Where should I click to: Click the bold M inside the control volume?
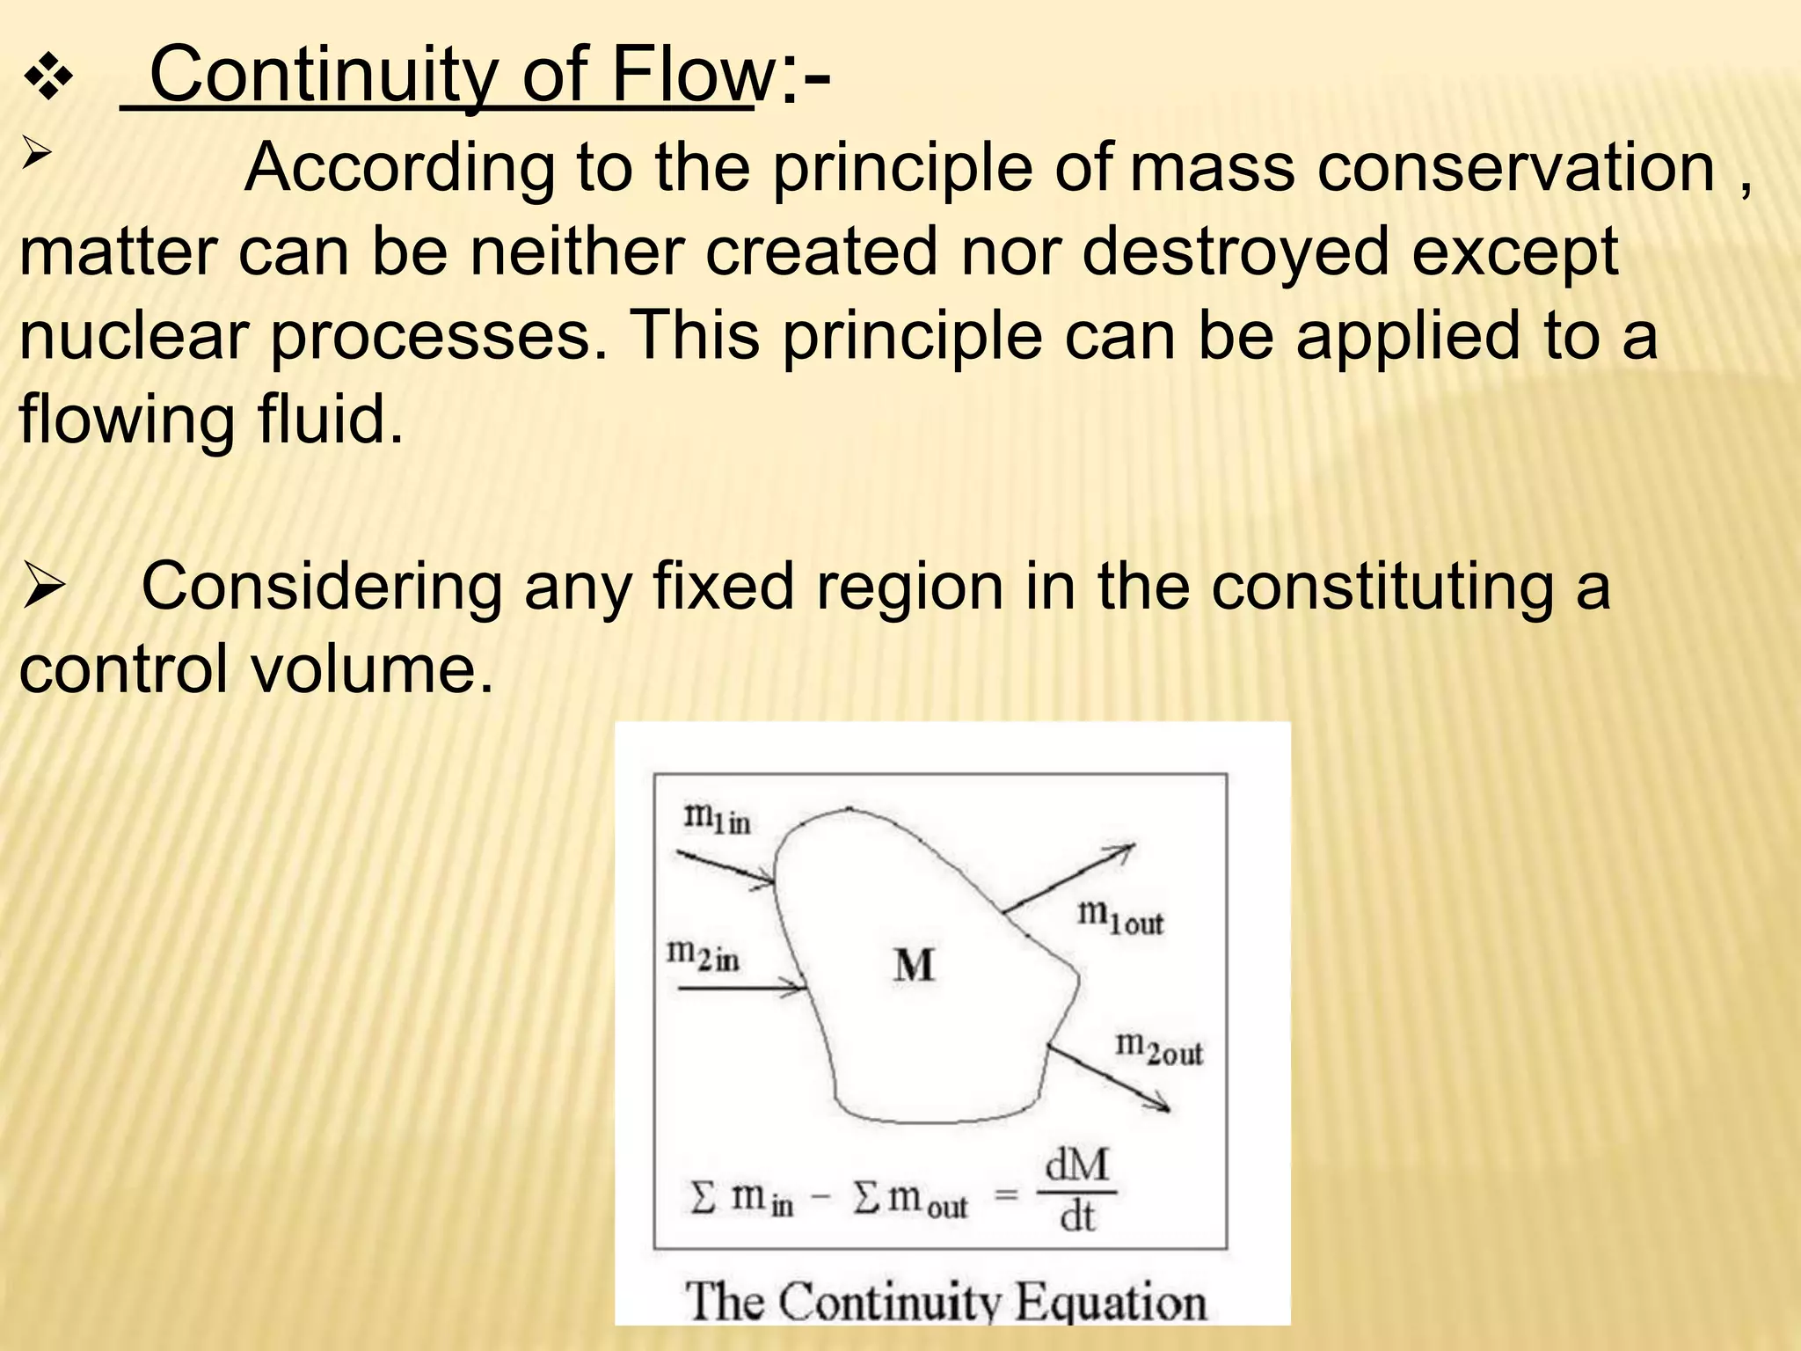[x=914, y=966]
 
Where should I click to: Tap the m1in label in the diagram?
[x=718, y=818]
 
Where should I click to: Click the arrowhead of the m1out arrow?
[x=1126, y=850]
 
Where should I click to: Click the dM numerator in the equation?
[x=1077, y=1166]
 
